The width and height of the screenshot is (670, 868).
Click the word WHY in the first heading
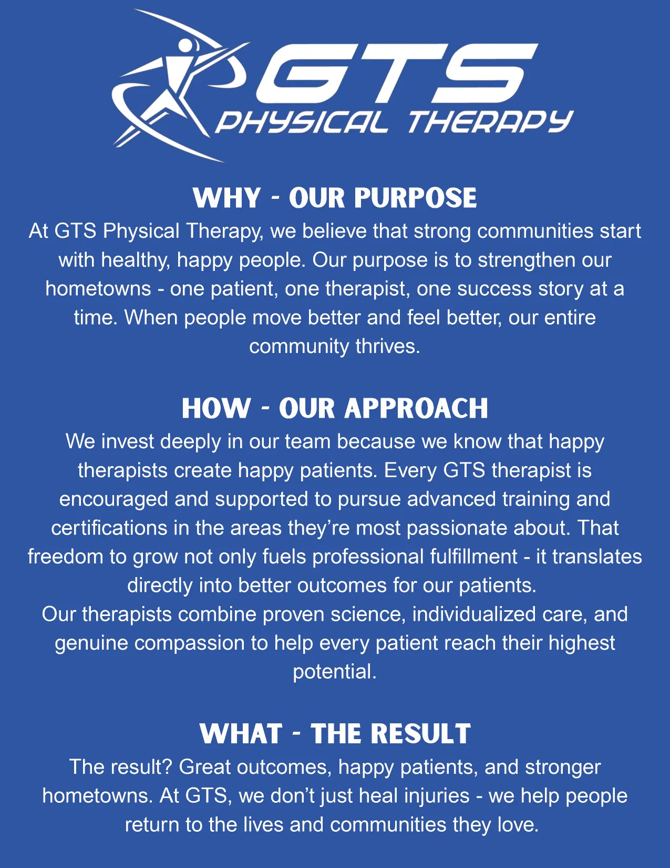tap(226, 197)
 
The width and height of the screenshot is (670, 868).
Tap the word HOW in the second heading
tap(216, 408)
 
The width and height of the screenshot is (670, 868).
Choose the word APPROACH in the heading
tap(416, 408)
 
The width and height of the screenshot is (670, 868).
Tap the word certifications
tap(109, 528)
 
